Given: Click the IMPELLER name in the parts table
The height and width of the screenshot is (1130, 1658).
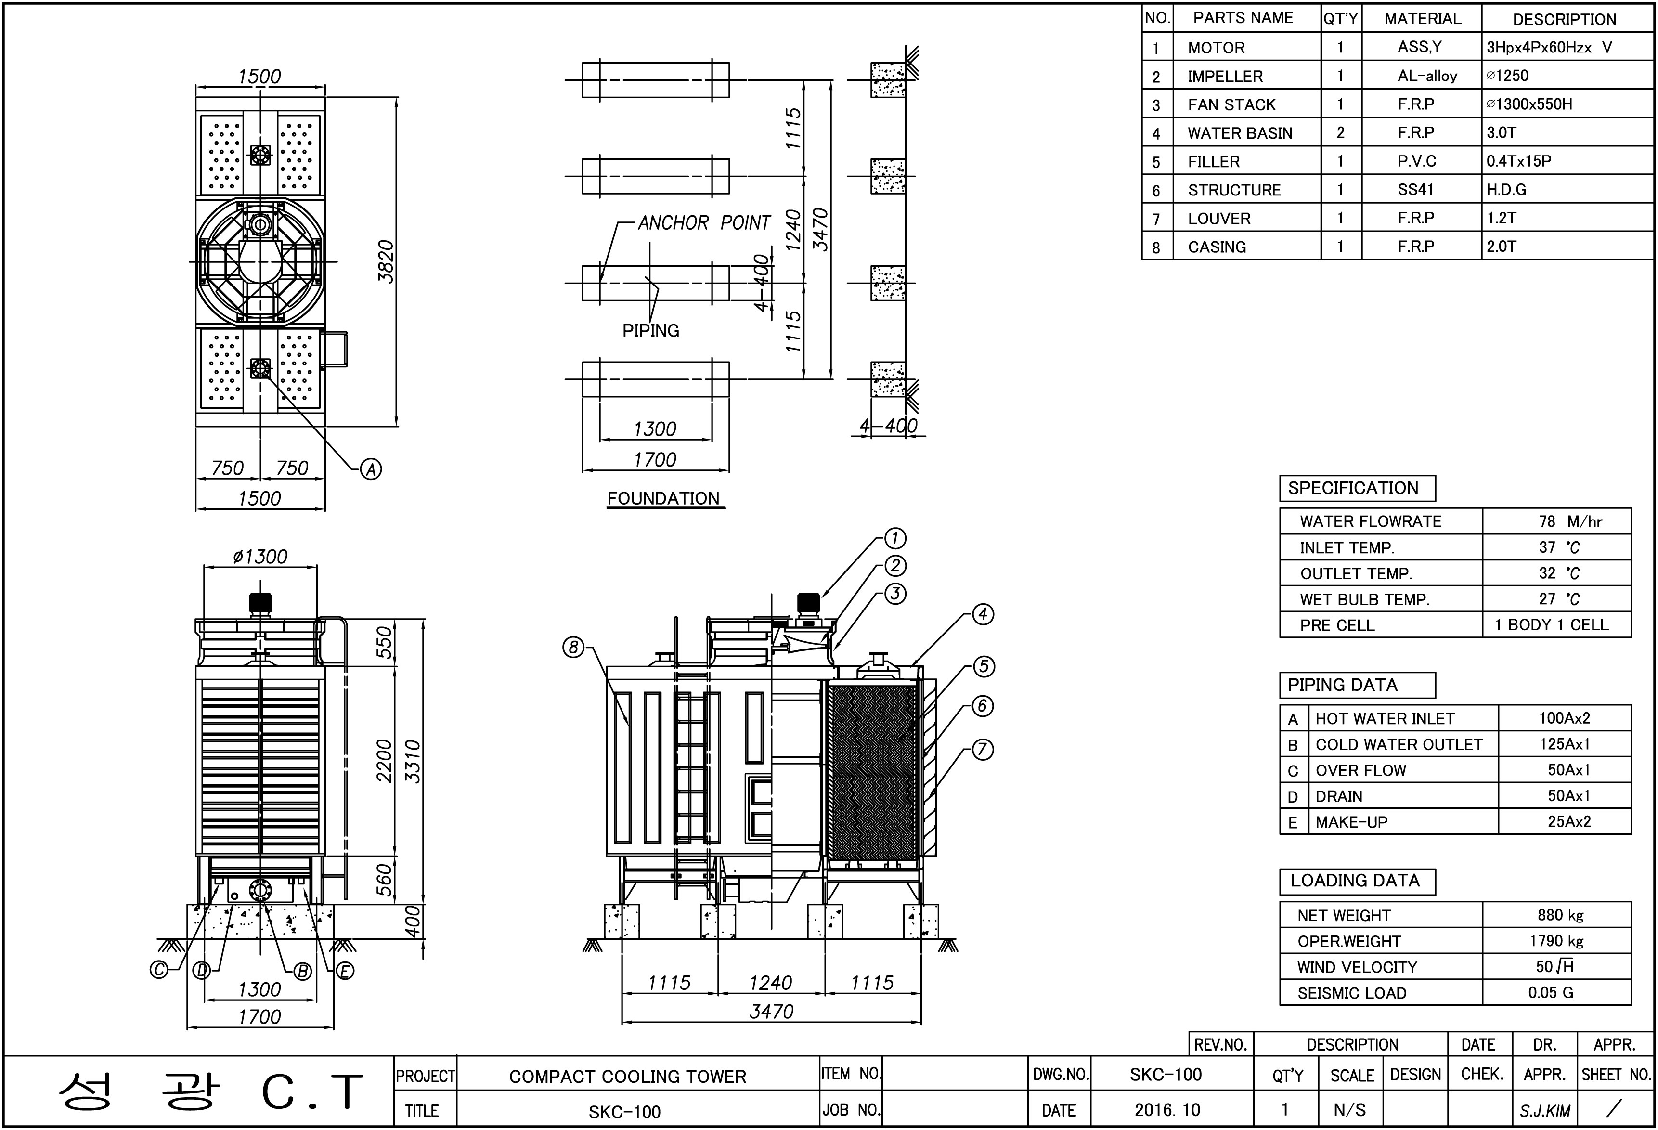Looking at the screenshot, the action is pyautogui.click(x=1225, y=77).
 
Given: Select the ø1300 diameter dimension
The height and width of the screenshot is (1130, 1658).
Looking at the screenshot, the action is pyautogui.click(x=260, y=557).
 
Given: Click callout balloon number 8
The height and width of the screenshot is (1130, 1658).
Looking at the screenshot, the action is pyautogui.click(x=573, y=648).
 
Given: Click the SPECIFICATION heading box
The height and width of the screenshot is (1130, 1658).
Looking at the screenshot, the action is pyautogui.click(x=1358, y=489).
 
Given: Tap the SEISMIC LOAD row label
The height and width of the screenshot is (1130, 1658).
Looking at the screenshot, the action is pyautogui.click(x=1352, y=993).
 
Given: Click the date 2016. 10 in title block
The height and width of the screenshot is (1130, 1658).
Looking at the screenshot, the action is pyautogui.click(x=1167, y=1110).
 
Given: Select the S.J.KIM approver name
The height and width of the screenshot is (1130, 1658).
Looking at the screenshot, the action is pyautogui.click(x=1545, y=1111).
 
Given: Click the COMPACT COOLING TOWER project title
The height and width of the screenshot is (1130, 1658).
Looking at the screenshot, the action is pyautogui.click(x=628, y=1077).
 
